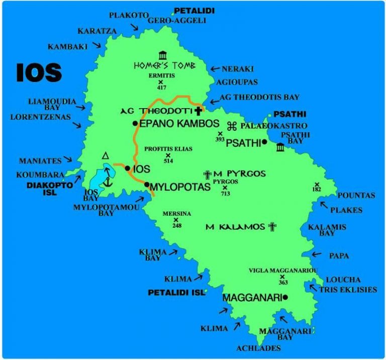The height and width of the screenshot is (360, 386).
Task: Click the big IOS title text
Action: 39,73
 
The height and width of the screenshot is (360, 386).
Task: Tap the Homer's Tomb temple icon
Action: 162,55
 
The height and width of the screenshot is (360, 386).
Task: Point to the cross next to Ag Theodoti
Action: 198,111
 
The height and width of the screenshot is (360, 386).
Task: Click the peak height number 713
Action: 225,194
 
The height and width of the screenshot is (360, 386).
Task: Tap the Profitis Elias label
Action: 165,149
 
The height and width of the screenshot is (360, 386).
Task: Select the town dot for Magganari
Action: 285,297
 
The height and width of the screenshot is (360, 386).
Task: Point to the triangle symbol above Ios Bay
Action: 106,156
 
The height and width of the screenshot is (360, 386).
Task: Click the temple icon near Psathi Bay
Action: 280,147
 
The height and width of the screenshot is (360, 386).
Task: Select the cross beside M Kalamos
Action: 272,227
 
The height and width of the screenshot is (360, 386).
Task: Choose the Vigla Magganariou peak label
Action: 283,271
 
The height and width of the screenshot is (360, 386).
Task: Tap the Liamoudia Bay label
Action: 52,105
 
